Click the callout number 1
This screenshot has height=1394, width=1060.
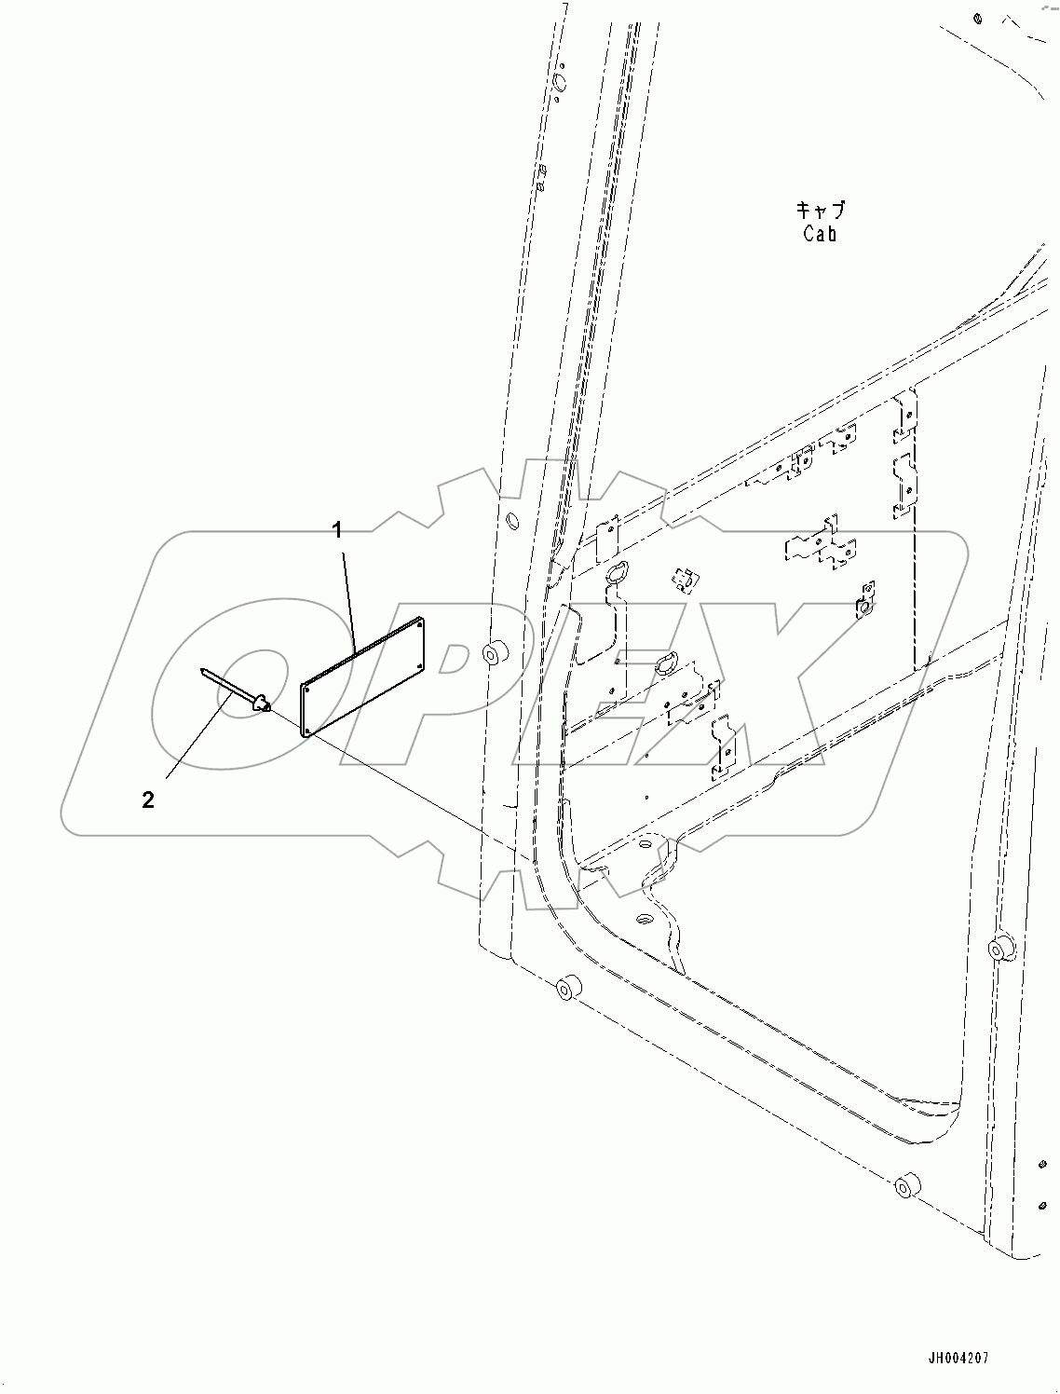pyautogui.click(x=338, y=531)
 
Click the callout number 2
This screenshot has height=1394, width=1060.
pyautogui.click(x=148, y=799)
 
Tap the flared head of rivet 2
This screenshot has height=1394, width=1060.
pyautogui.click(x=262, y=701)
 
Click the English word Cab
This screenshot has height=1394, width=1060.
pyautogui.click(x=820, y=235)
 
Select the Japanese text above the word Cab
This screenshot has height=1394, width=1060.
pyautogui.click(x=821, y=210)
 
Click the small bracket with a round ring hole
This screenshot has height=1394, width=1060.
pyautogui.click(x=864, y=601)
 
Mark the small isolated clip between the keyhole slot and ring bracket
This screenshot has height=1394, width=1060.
pyautogui.click(x=684, y=580)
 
